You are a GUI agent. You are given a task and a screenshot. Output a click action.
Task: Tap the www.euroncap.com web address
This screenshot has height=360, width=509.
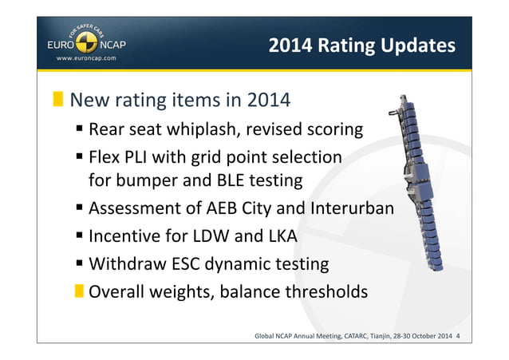pyautogui.click(x=86, y=58)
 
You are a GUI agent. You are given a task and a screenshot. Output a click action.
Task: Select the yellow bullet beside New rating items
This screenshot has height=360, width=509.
pyautogui.click(x=58, y=101)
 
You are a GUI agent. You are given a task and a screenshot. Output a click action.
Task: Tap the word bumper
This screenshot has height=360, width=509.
pyautogui.click(x=148, y=180)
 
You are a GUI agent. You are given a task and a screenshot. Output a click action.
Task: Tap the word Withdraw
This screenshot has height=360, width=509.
pyautogui.click(x=125, y=263)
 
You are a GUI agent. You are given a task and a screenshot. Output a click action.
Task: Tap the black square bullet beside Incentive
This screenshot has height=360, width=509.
pyautogui.click(x=81, y=237)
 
